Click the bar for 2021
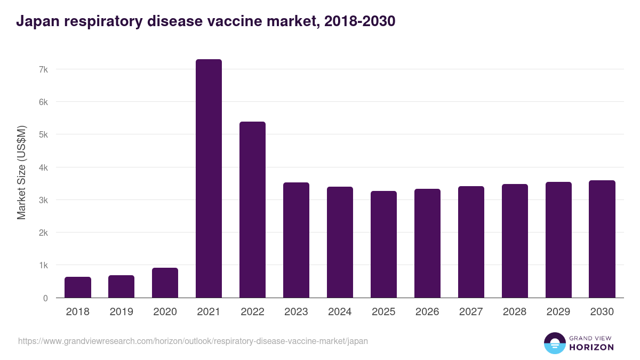(x=209, y=179)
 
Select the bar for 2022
(x=252, y=210)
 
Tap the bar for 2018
(x=78, y=287)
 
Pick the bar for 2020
(x=165, y=283)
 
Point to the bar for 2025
(x=383, y=244)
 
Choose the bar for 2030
(x=602, y=239)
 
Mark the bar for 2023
(x=296, y=240)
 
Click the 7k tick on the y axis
(x=43, y=69)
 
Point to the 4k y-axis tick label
(x=43, y=167)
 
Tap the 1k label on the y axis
(x=43, y=266)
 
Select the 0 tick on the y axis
(x=45, y=298)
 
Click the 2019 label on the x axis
(x=121, y=312)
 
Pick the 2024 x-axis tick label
(x=340, y=312)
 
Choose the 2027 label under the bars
(x=471, y=312)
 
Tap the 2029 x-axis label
(x=558, y=312)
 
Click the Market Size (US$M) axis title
(x=22, y=172)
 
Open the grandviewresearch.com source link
(x=193, y=341)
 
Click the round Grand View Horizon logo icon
(x=555, y=343)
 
